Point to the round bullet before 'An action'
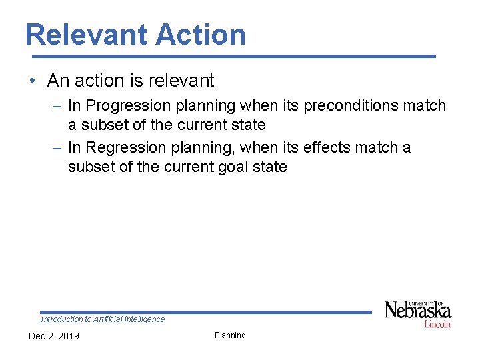[33, 81]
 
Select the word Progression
[128, 105]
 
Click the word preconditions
[349, 105]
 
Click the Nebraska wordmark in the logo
[417, 311]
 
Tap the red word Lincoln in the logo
[437, 324]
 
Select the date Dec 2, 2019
[53, 336]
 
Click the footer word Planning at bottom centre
[230, 335]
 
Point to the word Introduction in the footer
[62, 319]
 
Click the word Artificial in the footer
[107, 319]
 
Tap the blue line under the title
[230, 56]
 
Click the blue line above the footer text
[205, 312]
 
